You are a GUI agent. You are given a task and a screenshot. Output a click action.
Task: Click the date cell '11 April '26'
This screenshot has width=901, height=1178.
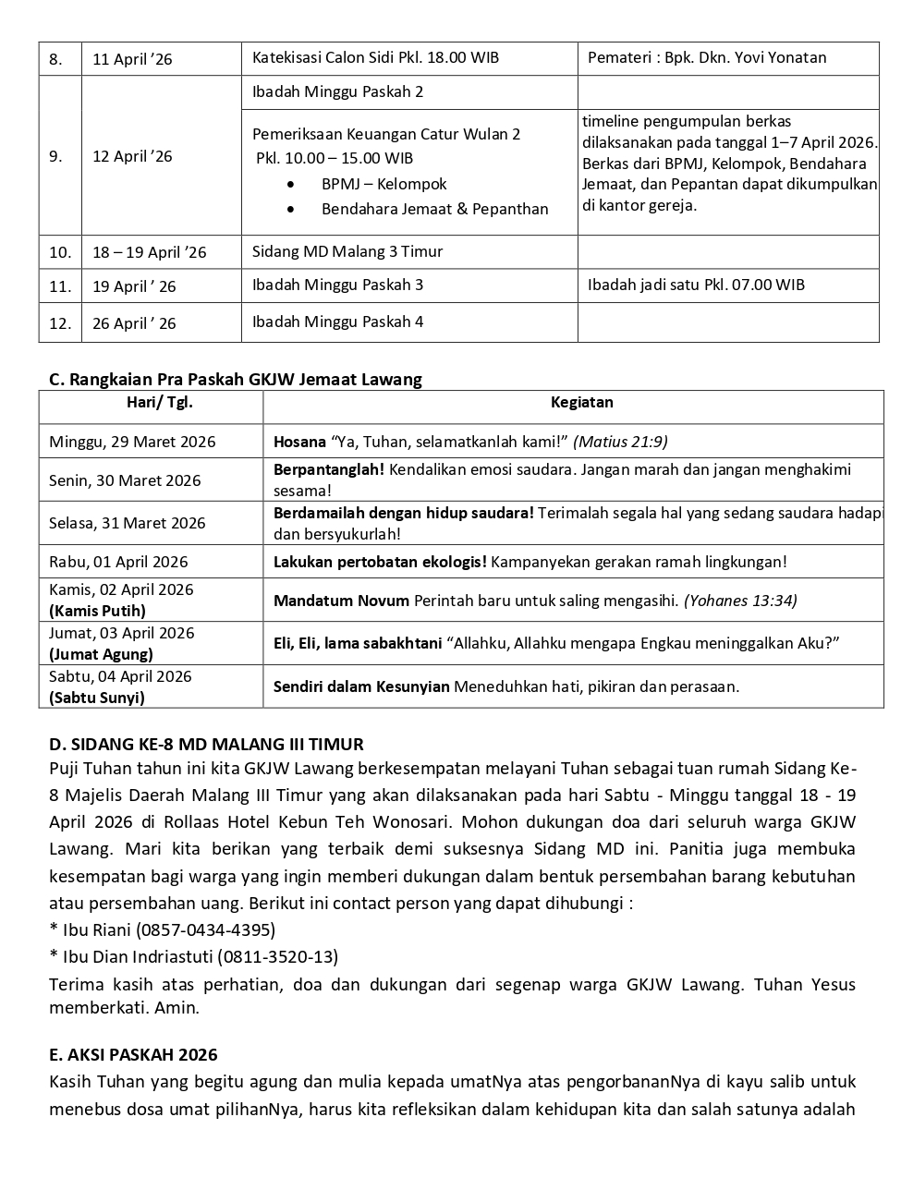pos(132,59)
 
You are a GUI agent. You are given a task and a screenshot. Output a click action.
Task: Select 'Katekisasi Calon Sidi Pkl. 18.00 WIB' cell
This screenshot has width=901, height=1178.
pos(375,57)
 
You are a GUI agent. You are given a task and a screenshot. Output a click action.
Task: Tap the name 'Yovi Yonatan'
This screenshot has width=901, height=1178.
pos(780,57)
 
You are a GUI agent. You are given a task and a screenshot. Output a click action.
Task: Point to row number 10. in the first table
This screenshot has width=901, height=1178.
pos(60,252)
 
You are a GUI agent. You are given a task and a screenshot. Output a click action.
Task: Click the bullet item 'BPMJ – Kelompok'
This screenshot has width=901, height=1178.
pos(384,184)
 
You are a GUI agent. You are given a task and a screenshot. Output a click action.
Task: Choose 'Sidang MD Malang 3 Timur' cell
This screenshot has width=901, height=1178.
pos(347,251)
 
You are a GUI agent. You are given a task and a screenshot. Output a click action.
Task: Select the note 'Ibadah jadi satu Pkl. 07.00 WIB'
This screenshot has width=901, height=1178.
pos(696,285)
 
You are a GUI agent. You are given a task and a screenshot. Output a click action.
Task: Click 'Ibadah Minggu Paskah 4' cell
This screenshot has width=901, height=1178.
pos(337,322)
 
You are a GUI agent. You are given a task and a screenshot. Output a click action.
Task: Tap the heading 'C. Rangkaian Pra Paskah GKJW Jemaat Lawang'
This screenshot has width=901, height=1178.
pos(236,379)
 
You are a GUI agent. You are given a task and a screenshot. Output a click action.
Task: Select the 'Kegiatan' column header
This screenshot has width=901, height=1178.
pos(581,403)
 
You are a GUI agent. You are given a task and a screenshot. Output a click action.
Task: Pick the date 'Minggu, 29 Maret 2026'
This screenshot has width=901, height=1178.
pos(132,442)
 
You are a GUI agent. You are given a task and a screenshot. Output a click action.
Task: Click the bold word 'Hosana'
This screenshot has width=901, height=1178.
pos(299,442)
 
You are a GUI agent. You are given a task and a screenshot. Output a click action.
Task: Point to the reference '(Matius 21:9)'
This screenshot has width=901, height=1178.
pos(620,442)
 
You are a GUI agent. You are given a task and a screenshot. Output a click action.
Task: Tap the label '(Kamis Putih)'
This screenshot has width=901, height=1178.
pos(97,611)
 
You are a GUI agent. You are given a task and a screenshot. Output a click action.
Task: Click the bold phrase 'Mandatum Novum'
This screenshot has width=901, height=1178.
pos(341,601)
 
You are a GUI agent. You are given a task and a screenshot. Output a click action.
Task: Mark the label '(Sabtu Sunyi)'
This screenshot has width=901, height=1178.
pos(97,698)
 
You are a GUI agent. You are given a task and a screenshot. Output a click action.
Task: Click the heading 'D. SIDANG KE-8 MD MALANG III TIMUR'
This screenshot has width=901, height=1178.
pos(206,744)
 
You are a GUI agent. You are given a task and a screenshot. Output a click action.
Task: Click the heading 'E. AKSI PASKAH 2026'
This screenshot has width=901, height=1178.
pos(133,1054)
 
